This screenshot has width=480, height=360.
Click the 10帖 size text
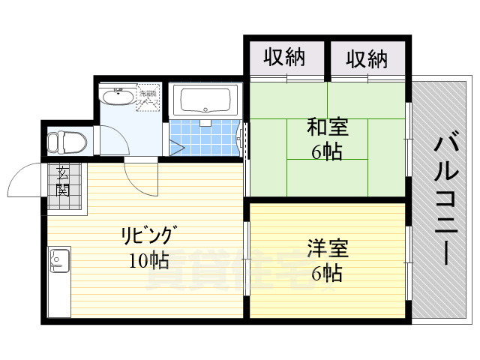[x=148, y=260]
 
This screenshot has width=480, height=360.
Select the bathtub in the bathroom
[x=205, y=100]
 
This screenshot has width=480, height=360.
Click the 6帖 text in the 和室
[x=328, y=152]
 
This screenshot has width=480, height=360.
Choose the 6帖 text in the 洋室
[x=328, y=274]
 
